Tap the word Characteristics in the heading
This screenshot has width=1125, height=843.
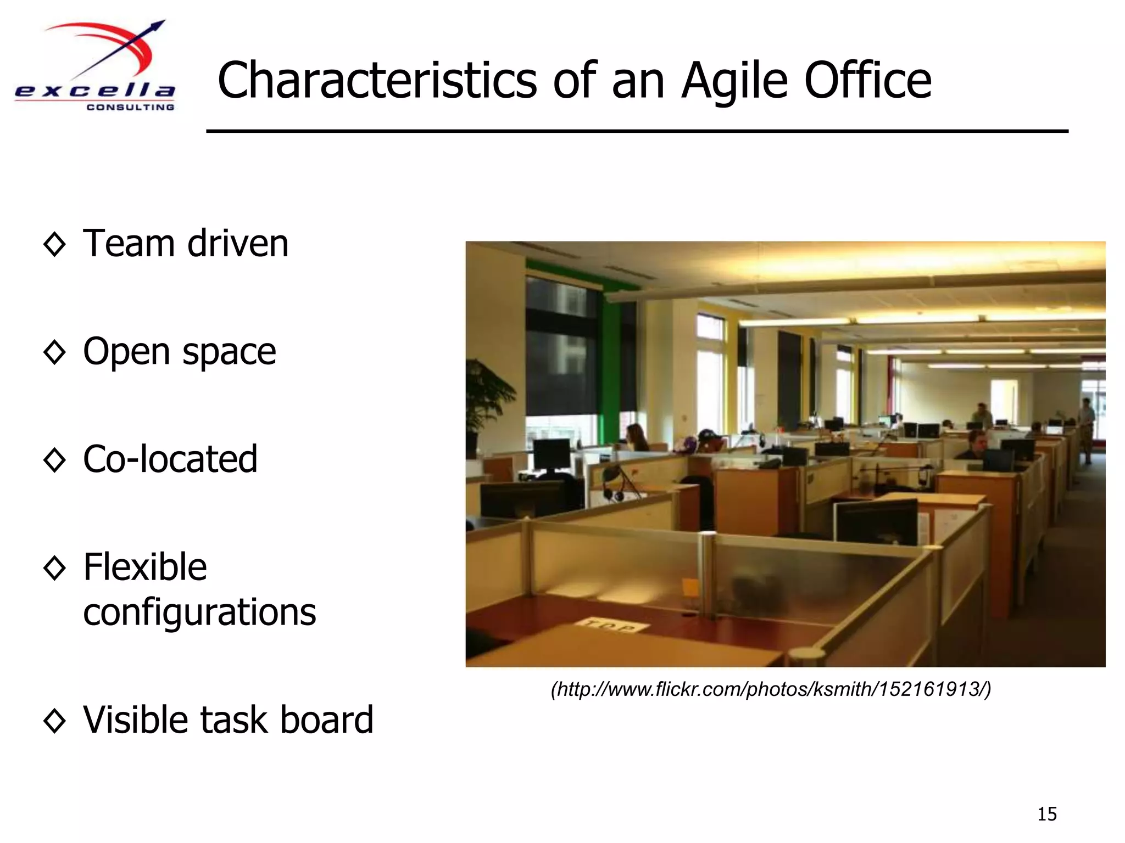pos(376,81)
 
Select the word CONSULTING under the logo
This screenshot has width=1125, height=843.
pos(130,108)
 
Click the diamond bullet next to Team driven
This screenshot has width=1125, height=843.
pos(54,244)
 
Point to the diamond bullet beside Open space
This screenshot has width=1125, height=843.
pos(54,352)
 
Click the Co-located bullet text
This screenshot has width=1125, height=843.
pos(170,459)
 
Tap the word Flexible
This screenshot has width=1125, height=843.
pos(145,567)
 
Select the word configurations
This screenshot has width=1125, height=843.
pos(199,612)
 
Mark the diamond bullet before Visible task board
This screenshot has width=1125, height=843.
pos(54,720)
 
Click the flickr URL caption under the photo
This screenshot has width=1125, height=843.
pos(771,689)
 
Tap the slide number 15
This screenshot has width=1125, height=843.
pos(1046,814)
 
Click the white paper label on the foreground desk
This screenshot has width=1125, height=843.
pos(610,626)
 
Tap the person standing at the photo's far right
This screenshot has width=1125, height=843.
pos(1087,428)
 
